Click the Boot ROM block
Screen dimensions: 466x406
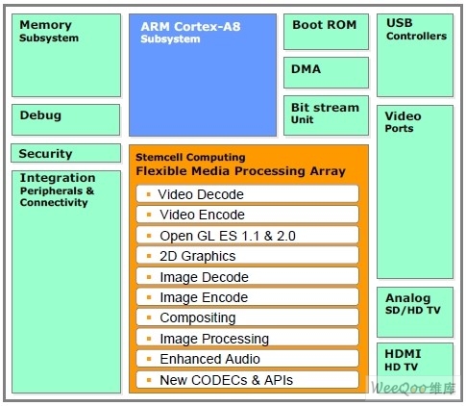coord(326,32)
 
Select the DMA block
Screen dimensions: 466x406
coord(326,72)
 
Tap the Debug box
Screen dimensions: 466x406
coord(66,119)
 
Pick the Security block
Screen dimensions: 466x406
coord(66,153)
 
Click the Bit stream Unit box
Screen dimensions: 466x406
coord(326,115)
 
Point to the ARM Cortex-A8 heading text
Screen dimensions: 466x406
coord(190,27)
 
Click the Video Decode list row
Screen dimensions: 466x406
coord(247,194)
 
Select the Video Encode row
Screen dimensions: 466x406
coord(247,215)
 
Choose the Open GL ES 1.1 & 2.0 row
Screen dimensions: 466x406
coord(247,235)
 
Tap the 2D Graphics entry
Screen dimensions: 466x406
coord(247,256)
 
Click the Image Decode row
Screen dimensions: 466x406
coord(247,276)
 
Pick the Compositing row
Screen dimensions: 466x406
coord(247,317)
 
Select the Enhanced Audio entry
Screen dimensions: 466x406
coord(247,359)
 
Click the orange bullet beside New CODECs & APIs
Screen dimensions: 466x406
coord(149,380)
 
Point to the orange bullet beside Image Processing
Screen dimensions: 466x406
coord(149,339)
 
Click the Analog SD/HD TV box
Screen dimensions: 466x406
coord(415,312)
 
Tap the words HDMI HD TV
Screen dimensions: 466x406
coord(403,360)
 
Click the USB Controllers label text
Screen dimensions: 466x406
coord(416,29)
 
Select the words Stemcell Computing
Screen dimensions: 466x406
coord(190,157)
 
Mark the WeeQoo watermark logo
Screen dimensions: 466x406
coord(413,388)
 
